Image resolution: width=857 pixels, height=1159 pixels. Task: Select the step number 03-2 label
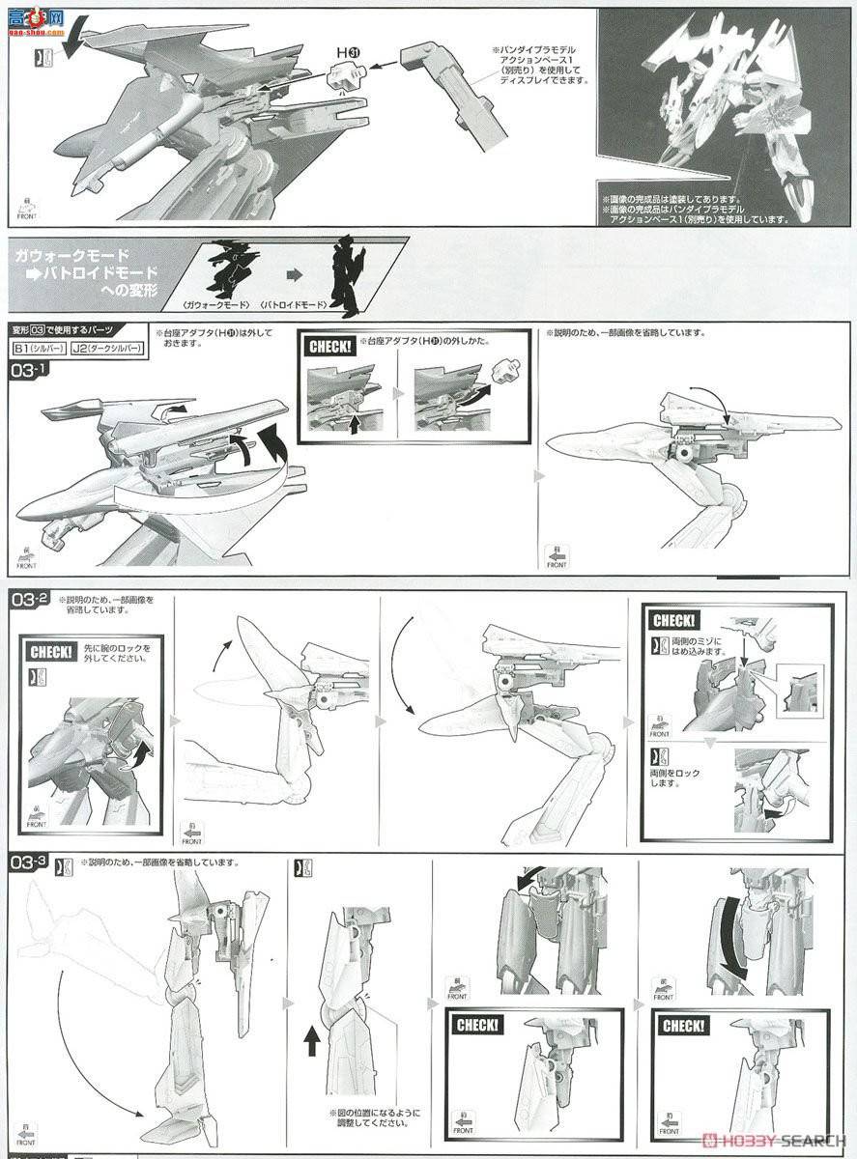click(28, 601)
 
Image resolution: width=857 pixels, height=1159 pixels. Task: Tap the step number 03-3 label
click(28, 862)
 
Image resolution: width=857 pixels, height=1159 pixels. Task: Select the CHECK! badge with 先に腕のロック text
click(50, 652)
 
